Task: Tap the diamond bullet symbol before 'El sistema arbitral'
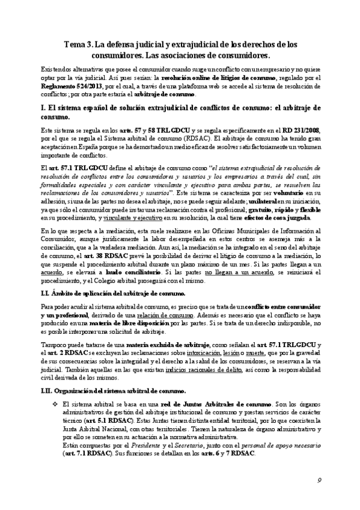55,404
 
